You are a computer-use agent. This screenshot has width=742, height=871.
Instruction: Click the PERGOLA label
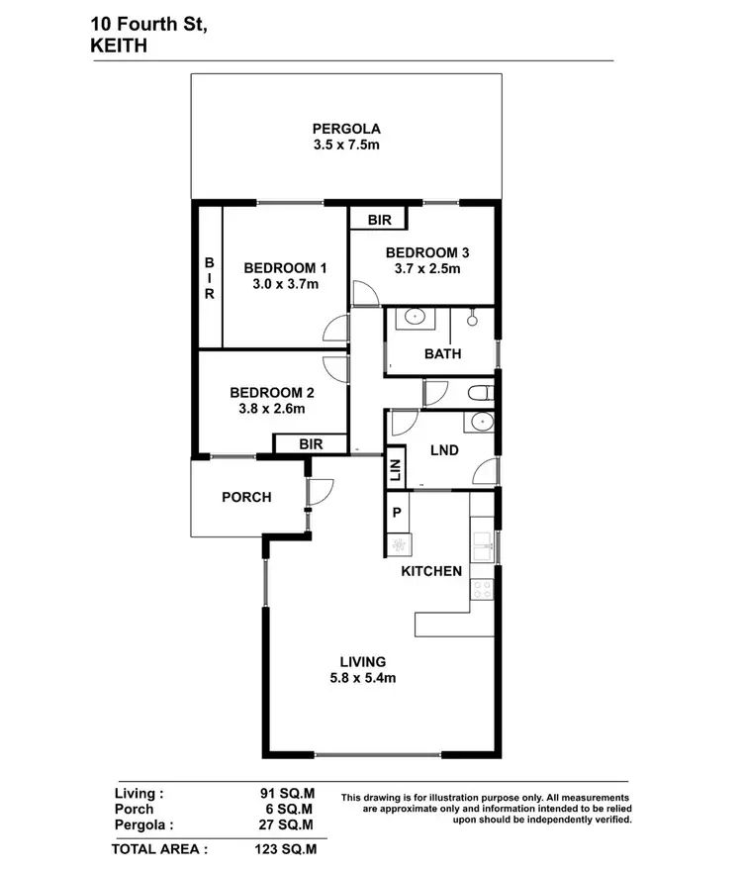(x=346, y=128)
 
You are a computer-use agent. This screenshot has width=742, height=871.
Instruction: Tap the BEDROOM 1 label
(x=285, y=267)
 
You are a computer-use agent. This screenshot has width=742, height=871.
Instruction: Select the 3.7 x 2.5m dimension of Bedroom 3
(x=423, y=269)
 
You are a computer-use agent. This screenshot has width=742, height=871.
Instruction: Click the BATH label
(x=442, y=354)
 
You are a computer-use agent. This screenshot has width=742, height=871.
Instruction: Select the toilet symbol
(x=479, y=392)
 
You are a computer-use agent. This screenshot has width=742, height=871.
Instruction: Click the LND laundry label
(x=444, y=449)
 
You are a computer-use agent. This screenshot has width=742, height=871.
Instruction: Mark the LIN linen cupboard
(x=395, y=468)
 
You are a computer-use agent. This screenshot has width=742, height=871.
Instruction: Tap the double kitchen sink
(x=483, y=543)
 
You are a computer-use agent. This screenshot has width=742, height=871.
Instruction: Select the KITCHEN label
(x=431, y=571)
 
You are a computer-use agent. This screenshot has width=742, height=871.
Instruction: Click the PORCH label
(x=246, y=497)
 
